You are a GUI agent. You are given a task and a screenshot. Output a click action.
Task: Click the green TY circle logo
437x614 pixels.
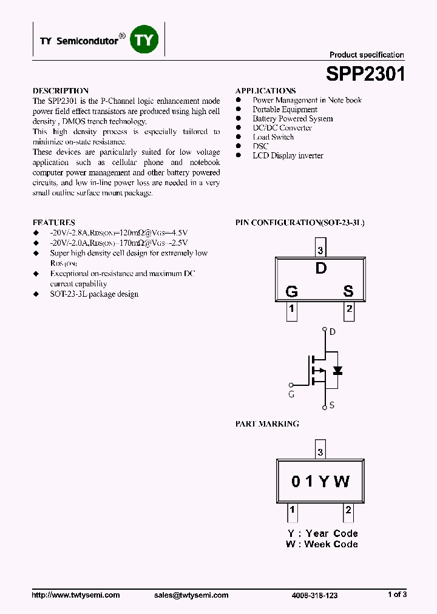(x=145, y=41)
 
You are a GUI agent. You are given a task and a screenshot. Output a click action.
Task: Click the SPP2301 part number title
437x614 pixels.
(x=365, y=74)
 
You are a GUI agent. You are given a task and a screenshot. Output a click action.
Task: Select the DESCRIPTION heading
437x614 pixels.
(x=61, y=91)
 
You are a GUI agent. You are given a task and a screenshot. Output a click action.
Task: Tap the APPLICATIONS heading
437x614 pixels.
(x=265, y=91)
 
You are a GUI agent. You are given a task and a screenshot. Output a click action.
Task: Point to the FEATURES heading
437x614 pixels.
(x=54, y=223)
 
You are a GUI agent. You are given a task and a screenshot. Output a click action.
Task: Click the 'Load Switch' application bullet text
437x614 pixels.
(x=273, y=137)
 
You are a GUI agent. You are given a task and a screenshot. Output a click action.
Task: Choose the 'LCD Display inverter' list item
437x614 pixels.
(x=288, y=155)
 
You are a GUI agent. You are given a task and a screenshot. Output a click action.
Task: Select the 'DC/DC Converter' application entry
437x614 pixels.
(x=282, y=128)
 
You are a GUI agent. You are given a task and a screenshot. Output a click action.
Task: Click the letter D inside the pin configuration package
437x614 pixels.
(x=320, y=268)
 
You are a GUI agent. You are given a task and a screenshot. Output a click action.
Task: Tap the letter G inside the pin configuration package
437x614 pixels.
(x=291, y=291)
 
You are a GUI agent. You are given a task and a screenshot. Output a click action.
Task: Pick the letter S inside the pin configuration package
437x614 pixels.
(x=348, y=291)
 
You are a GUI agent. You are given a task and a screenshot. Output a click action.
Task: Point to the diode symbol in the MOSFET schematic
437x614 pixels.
(x=338, y=370)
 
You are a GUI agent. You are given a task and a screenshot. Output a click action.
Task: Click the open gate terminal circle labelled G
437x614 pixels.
(x=291, y=385)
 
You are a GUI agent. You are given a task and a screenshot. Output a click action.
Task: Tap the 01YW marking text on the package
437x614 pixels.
(x=320, y=482)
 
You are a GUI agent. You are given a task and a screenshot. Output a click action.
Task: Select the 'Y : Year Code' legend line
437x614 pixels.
(x=322, y=533)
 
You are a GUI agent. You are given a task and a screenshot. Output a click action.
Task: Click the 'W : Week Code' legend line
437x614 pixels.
(x=322, y=544)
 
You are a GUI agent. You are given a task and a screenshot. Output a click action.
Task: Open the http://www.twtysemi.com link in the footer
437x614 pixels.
(x=76, y=595)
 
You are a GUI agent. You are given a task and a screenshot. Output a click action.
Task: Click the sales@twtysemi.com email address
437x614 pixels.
(x=191, y=595)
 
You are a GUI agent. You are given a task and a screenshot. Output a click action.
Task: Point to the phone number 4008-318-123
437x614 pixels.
(x=314, y=596)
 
